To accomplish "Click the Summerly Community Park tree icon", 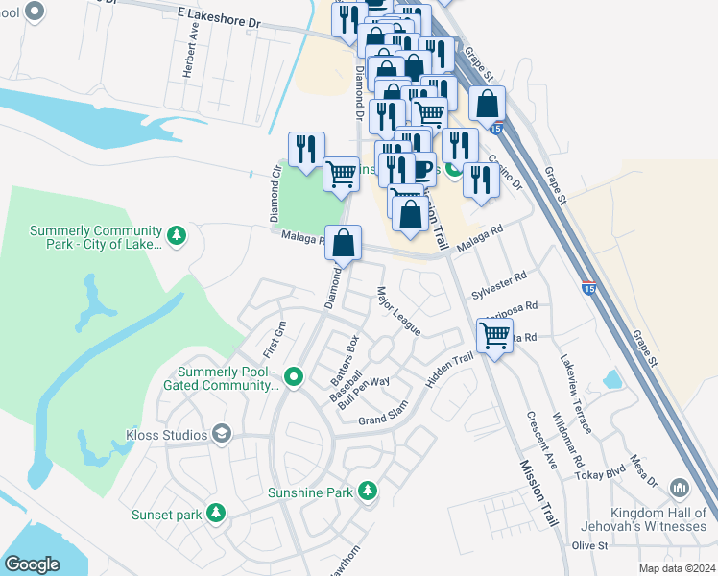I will pyautogui.click(x=176, y=235).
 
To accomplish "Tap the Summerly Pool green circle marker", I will pyautogui.click(x=294, y=375).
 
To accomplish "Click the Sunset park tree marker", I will pyautogui.click(x=217, y=514).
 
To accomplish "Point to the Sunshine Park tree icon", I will pyautogui.click(x=368, y=492).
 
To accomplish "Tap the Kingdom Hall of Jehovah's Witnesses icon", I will pyautogui.click(x=680, y=489).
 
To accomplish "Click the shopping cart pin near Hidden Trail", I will pyautogui.click(x=494, y=336).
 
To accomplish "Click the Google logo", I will pyautogui.click(x=32, y=564).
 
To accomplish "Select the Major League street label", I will pyautogui.click(x=398, y=311).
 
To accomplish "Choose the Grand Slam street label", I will pyautogui.click(x=385, y=420).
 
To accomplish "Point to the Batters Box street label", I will pyautogui.click(x=345, y=355).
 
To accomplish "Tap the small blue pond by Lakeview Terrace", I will pyautogui.click(x=612, y=379).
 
